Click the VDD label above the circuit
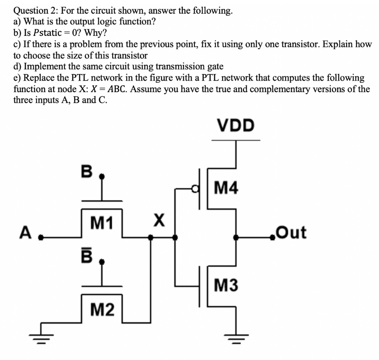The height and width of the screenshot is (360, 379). point(236,126)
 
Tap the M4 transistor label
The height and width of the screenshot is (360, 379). point(226,189)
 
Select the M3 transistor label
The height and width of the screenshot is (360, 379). point(226,285)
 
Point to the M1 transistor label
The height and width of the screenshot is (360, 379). point(102,223)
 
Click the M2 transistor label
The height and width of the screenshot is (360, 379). point(102,309)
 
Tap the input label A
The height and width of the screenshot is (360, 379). point(25,233)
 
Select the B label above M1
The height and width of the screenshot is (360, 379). point(86,171)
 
